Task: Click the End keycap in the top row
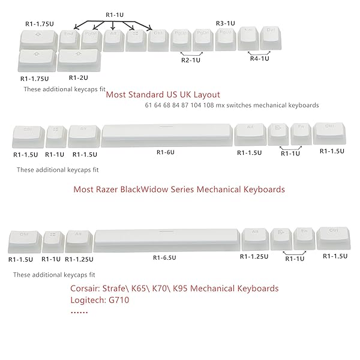pos(69,38)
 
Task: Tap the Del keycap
pos(270,37)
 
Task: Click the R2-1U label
pos(191,61)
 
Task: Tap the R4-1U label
pos(260,59)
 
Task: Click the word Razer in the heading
pos(107,190)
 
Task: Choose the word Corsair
pos(86,287)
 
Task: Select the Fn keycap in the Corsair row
pos(303,237)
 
